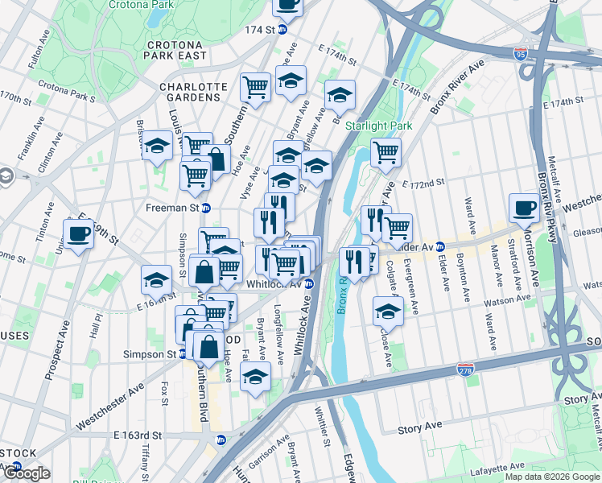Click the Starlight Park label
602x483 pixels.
tap(378, 126)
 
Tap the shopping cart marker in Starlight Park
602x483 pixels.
tap(386, 151)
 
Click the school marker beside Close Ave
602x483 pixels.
tap(388, 311)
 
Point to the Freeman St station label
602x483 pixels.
tap(171, 207)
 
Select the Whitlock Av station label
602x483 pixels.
tap(275, 283)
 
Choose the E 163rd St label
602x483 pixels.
tap(138, 435)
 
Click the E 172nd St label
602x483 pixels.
tap(423, 184)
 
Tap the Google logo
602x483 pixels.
tap(27, 473)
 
